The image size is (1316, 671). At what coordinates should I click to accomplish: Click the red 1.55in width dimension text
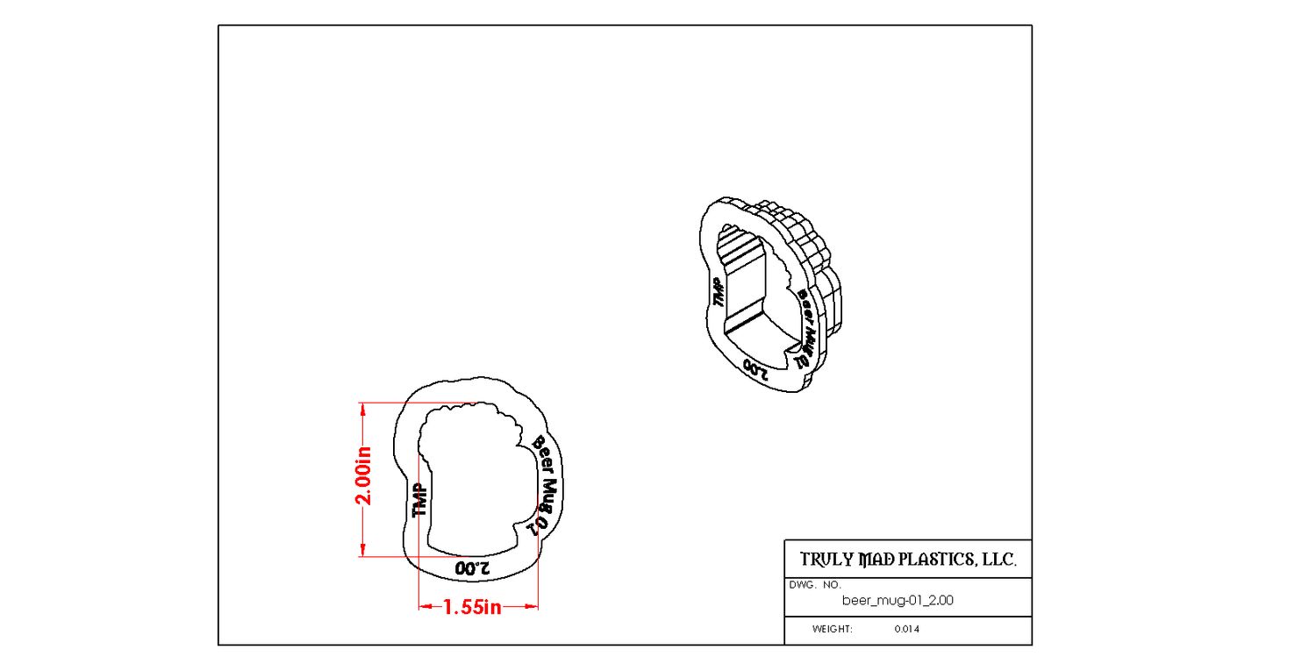472,607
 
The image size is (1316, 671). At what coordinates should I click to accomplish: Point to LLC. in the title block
998,560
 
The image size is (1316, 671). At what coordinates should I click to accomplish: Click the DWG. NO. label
815,585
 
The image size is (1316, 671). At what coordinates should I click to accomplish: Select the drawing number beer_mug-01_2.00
898,601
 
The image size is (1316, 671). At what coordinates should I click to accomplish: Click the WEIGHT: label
832,629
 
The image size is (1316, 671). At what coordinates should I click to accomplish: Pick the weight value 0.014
906,629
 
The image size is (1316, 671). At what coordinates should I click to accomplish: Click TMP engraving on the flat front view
420,500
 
